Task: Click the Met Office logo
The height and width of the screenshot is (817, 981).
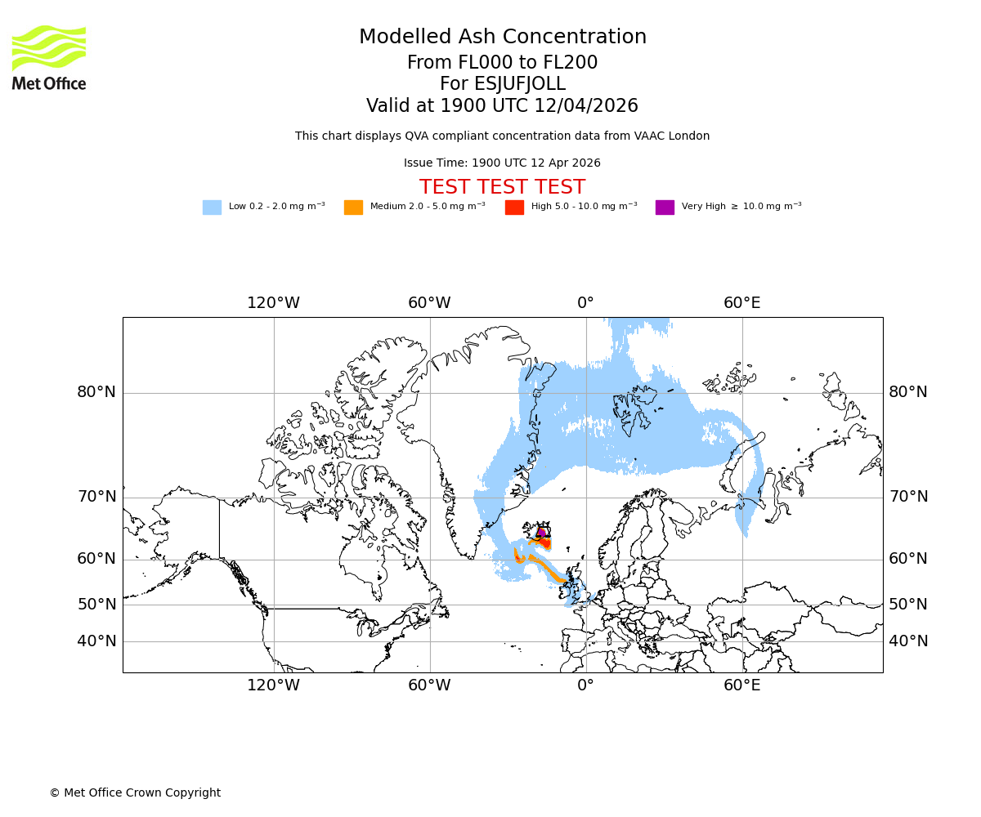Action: point(49,57)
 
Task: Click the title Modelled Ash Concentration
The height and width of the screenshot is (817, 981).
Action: point(503,38)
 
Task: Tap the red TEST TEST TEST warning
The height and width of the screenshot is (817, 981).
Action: point(502,187)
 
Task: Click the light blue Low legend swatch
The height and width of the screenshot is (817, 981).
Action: point(212,208)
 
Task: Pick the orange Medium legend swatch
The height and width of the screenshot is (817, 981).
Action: point(353,208)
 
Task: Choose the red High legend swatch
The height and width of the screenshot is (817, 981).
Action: point(514,208)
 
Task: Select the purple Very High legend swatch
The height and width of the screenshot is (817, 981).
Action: point(665,208)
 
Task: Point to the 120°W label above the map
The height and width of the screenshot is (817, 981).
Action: point(273,303)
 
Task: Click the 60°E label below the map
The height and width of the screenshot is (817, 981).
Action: point(742,685)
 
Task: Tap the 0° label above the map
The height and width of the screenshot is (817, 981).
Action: point(585,303)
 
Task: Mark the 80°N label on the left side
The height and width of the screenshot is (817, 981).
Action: point(96,392)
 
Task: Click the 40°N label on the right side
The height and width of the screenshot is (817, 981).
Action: point(908,641)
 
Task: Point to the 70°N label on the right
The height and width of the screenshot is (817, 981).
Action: point(908,497)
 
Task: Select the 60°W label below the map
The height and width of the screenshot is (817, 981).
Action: point(429,685)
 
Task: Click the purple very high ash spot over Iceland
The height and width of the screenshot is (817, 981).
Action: point(541,533)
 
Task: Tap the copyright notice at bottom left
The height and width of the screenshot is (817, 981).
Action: point(135,792)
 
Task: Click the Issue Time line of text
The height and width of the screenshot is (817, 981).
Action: point(502,163)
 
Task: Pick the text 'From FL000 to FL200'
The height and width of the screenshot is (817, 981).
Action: point(503,63)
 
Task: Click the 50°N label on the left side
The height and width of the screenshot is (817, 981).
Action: point(96,605)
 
